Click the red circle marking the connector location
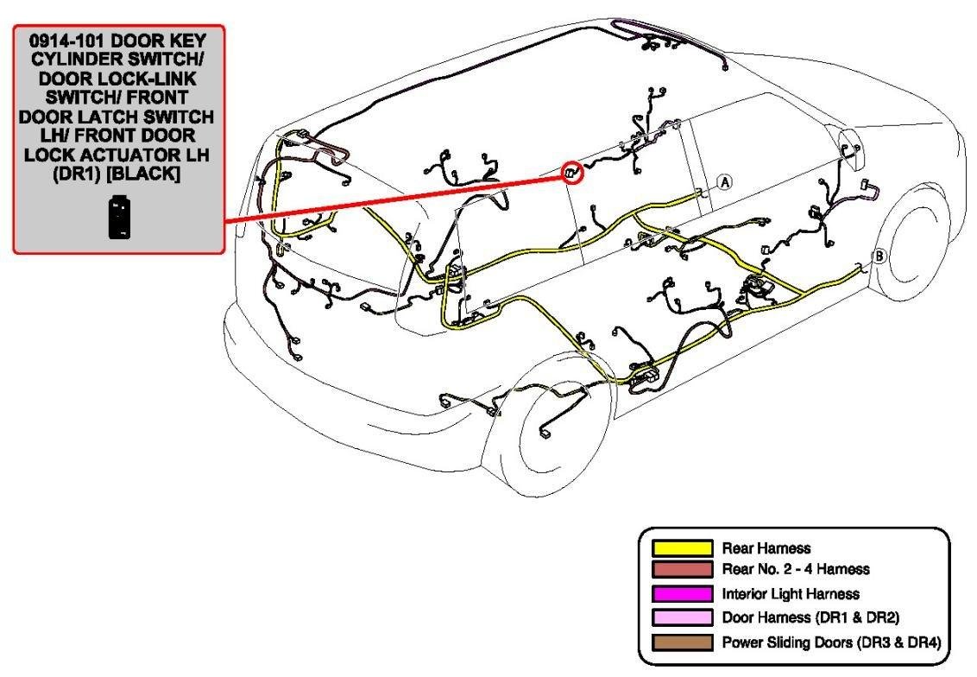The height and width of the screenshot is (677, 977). click(572, 173)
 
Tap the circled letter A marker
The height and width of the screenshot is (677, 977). click(725, 182)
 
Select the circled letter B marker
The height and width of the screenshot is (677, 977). click(879, 256)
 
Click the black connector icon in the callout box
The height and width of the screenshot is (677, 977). click(119, 217)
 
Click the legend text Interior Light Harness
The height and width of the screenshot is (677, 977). click(791, 593)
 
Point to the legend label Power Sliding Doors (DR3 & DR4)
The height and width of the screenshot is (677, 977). click(830, 642)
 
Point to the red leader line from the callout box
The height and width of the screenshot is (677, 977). click(397, 197)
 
